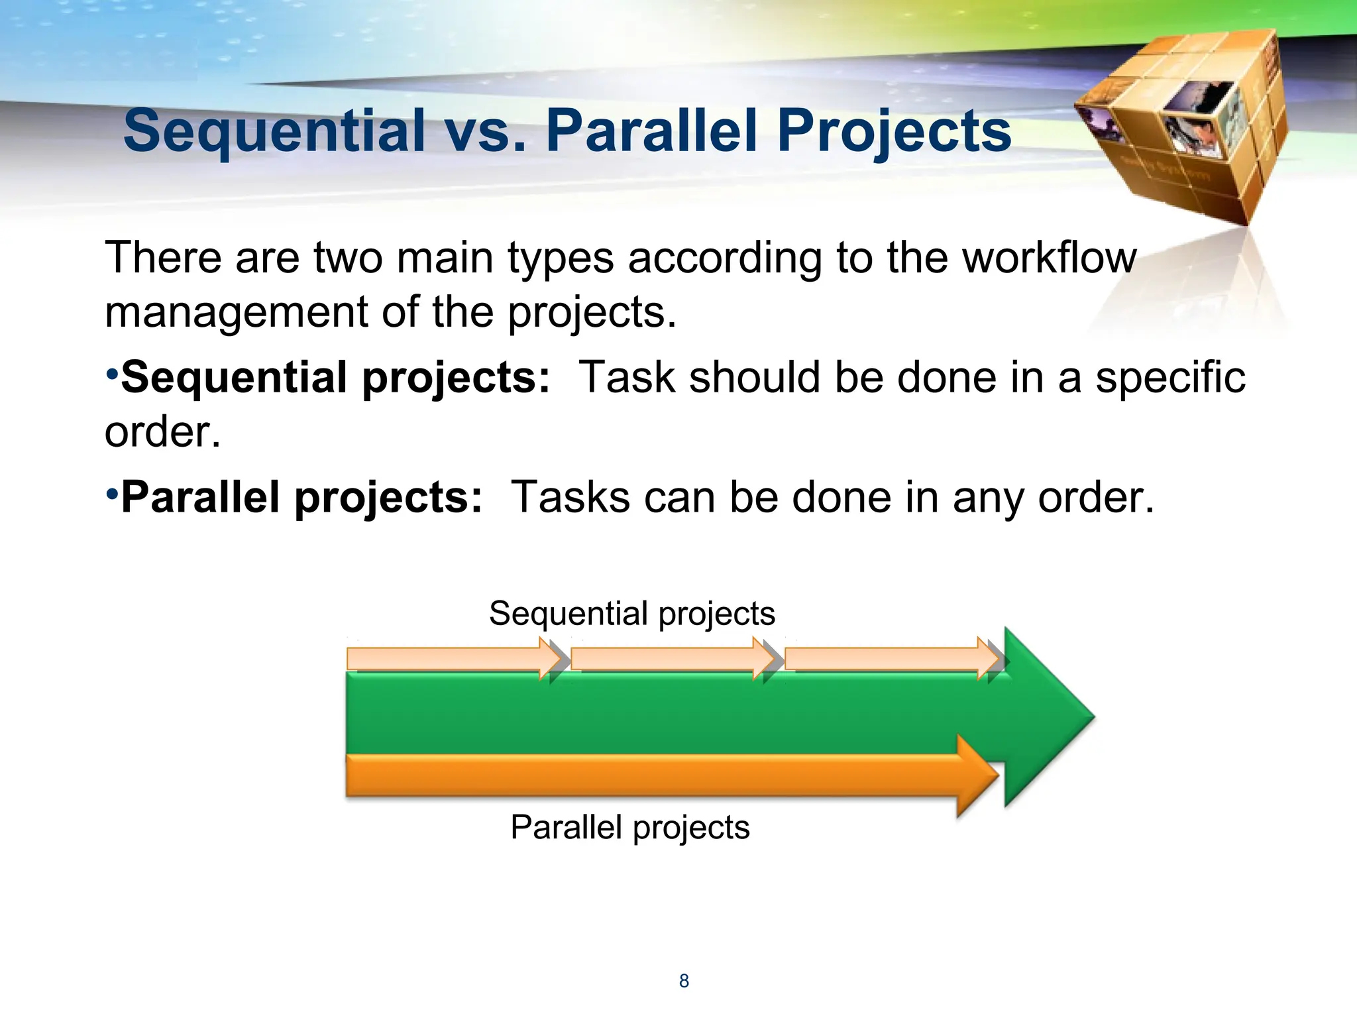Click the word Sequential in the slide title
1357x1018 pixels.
(x=274, y=131)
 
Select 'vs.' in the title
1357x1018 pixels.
(x=486, y=131)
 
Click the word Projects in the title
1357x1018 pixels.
(x=894, y=131)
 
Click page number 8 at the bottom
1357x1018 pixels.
(x=684, y=981)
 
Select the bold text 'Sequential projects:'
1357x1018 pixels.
(x=335, y=378)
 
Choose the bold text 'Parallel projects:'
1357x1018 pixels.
(x=301, y=498)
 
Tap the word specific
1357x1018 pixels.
(x=1170, y=378)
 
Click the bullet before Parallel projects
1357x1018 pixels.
(x=112, y=494)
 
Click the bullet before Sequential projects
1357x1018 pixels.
(x=112, y=374)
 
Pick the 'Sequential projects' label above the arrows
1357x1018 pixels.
(x=631, y=613)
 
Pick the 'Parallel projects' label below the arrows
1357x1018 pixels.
(x=629, y=827)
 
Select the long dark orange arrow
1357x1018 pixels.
(x=649, y=775)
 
